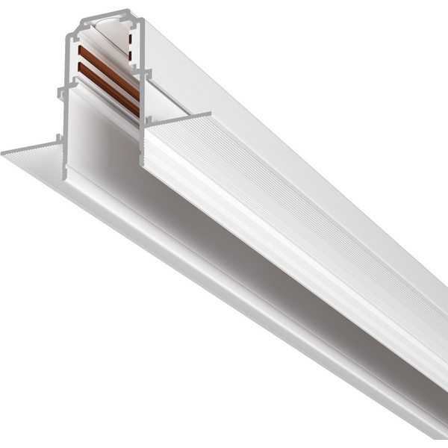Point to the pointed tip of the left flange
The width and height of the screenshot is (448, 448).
click(x=4, y=153)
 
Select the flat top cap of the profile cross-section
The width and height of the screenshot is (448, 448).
click(x=105, y=16)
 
